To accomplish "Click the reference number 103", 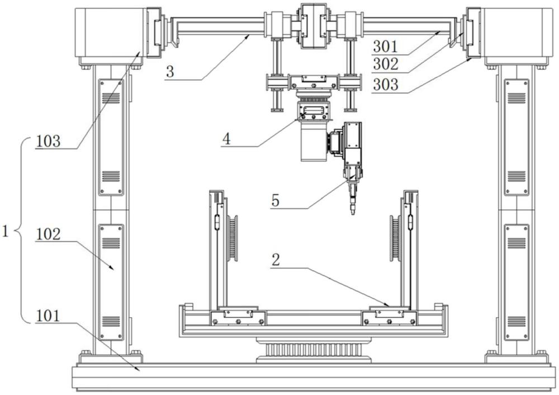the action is [x=48, y=141].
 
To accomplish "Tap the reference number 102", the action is [x=48, y=234].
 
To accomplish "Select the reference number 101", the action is [x=48, y=316].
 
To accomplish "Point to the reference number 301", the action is [x=385, y=47].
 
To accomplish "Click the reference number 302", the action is [x=385, y=64].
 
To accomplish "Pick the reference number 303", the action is [x=385, y=85].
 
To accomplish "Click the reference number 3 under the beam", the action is [x=170, y=71].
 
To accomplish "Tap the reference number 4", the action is [x=226, y=138].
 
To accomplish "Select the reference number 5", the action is [x=275, y=201].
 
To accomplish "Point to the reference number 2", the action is [x=275, y=261].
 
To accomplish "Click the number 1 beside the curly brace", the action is [x=5, y=232].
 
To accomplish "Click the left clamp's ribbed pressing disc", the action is [x=233, y=239].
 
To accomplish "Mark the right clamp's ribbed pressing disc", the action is [x=395, y=239].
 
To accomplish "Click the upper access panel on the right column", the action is [x=516, y=137].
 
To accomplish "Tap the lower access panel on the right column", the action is [x=516, y=282].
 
